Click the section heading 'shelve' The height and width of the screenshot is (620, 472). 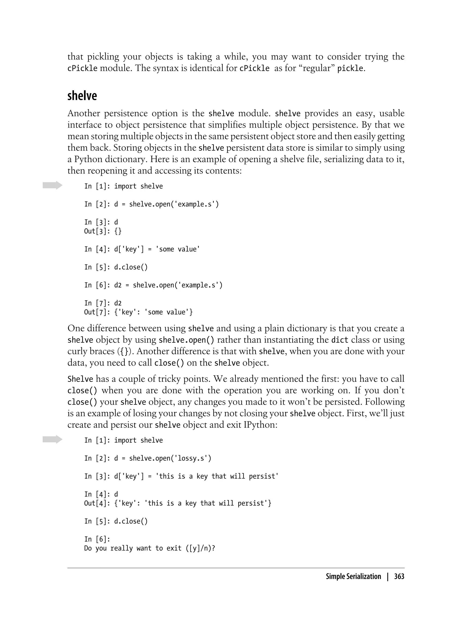pyautogui.click(x=82, y=96)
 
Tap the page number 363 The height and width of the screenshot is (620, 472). pyautogui.click(x=399, y=576)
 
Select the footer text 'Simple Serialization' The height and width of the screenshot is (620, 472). pyautogui.click(x=353, y=576)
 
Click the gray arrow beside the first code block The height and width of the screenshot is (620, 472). pyautogui.click(x=52, y=185)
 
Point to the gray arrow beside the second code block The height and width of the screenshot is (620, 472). pyautogui.click(x=52, y=439)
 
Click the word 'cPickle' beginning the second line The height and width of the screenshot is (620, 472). pyautogui.click(x=82, y=68)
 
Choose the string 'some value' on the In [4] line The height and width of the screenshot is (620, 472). pyautogui.click(x=177, y=249)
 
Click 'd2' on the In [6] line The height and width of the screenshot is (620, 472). pyautogui.click(x=118, y=285)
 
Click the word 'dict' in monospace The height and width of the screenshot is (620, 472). pyautogui.click(x=340, y=340)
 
